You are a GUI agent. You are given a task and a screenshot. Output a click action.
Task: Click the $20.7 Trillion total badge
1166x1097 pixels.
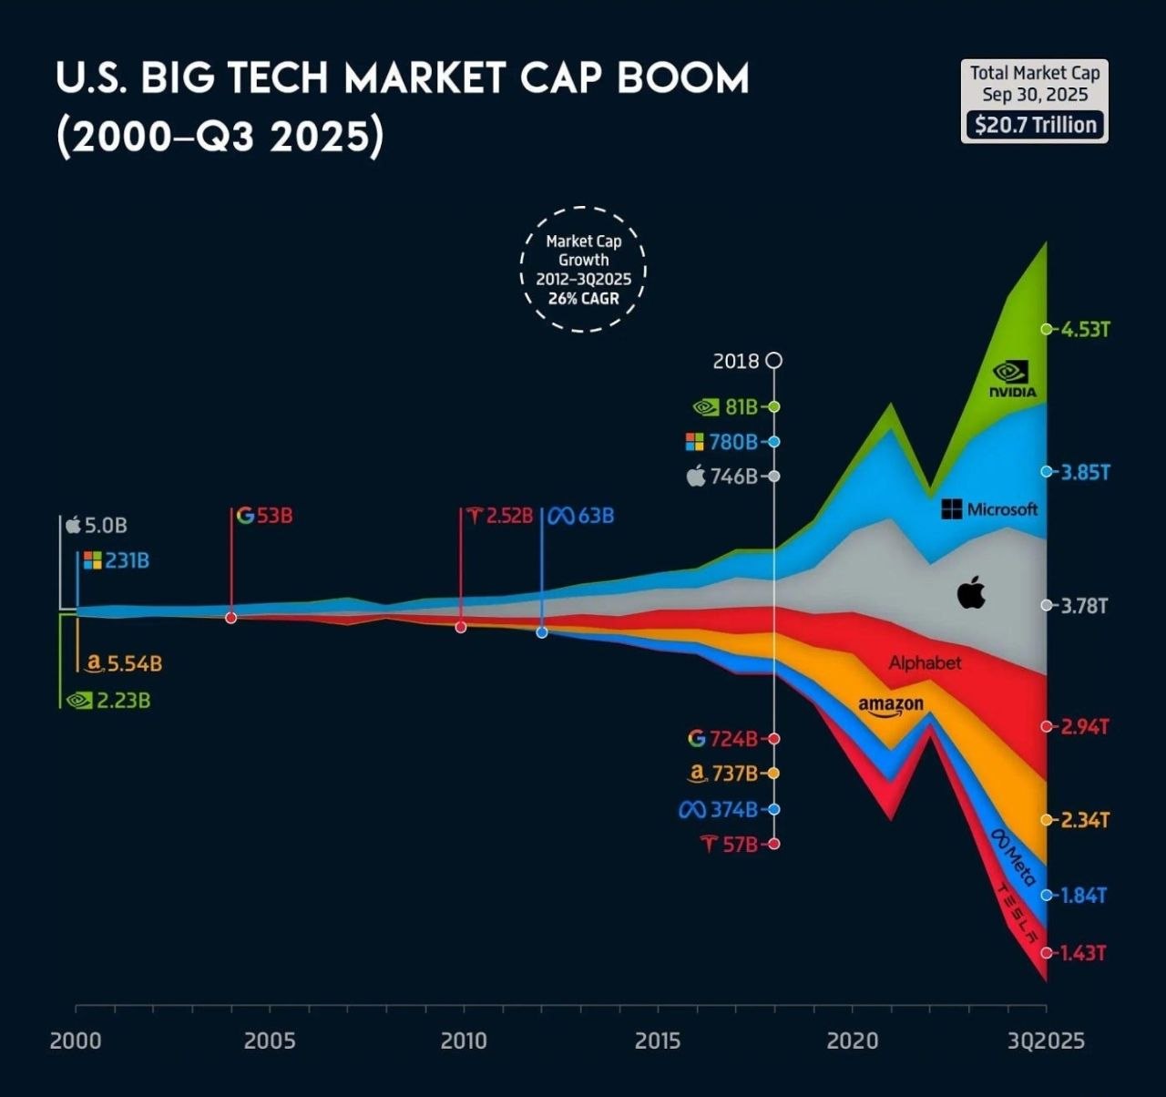tap(1035, 125)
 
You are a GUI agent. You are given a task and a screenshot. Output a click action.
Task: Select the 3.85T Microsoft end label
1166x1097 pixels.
tap(1086, 472)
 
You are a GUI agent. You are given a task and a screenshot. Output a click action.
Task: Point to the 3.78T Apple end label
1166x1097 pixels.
tap(1084, 606)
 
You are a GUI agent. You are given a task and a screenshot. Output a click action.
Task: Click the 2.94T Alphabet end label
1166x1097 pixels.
tap(1085, 727)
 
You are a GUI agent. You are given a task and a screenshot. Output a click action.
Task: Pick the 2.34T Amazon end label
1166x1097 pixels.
tap(1085, 820)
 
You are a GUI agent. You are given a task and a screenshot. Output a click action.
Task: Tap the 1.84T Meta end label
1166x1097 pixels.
tap(1084, 896)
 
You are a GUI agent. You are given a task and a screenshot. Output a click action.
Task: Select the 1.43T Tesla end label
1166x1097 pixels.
tap(1083, 952)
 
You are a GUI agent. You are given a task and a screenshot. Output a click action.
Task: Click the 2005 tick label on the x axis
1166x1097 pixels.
tap(270, 1041)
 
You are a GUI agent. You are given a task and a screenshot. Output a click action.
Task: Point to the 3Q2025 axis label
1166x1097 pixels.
tap(1047, 1041)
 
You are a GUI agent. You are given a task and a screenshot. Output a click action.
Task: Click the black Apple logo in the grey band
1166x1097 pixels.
tap(971, 592)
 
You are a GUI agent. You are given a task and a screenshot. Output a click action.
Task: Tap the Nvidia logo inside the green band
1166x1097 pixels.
tap(1013, 379)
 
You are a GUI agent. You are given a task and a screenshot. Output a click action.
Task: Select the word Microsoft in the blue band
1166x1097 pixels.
tap(1002, 509)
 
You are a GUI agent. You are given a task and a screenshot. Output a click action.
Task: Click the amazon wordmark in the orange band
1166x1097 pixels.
tap(891, 706)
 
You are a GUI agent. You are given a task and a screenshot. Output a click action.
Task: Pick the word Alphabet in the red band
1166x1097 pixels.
tap(925, 663)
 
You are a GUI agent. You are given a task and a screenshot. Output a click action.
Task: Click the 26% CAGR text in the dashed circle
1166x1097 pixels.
tap(584, 298)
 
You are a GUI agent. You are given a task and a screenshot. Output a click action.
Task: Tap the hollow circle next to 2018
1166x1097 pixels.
tap(774, 361)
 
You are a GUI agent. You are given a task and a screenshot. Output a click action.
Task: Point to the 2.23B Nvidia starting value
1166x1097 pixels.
tap(123, 701)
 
